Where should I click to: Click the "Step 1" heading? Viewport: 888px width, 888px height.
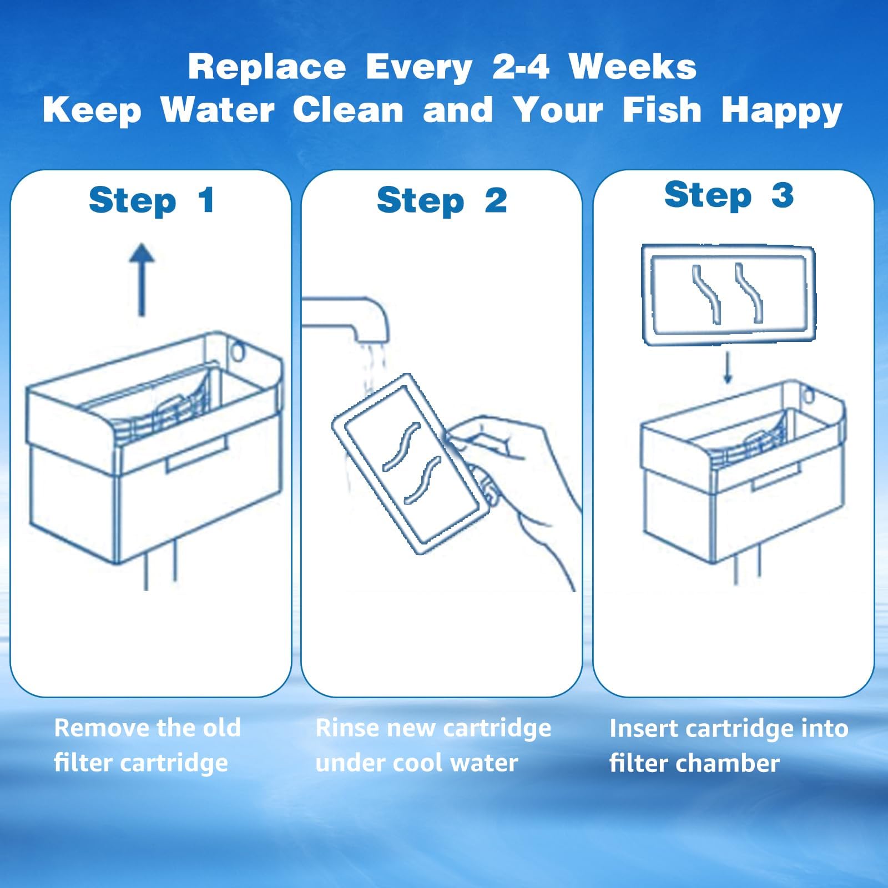151,200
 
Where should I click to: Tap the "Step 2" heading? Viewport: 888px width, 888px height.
441,200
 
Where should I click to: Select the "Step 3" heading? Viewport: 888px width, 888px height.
729,195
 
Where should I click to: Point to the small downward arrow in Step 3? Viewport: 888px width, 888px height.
728,368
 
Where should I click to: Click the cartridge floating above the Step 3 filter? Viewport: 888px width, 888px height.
728,294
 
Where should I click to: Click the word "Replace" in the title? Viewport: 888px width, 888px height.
266,67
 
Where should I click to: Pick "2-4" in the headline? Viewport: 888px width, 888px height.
521,67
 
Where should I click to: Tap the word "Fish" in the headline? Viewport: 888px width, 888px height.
662,109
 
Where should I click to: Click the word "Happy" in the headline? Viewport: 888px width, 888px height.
781,110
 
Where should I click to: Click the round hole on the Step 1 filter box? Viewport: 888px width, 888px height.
237,351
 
